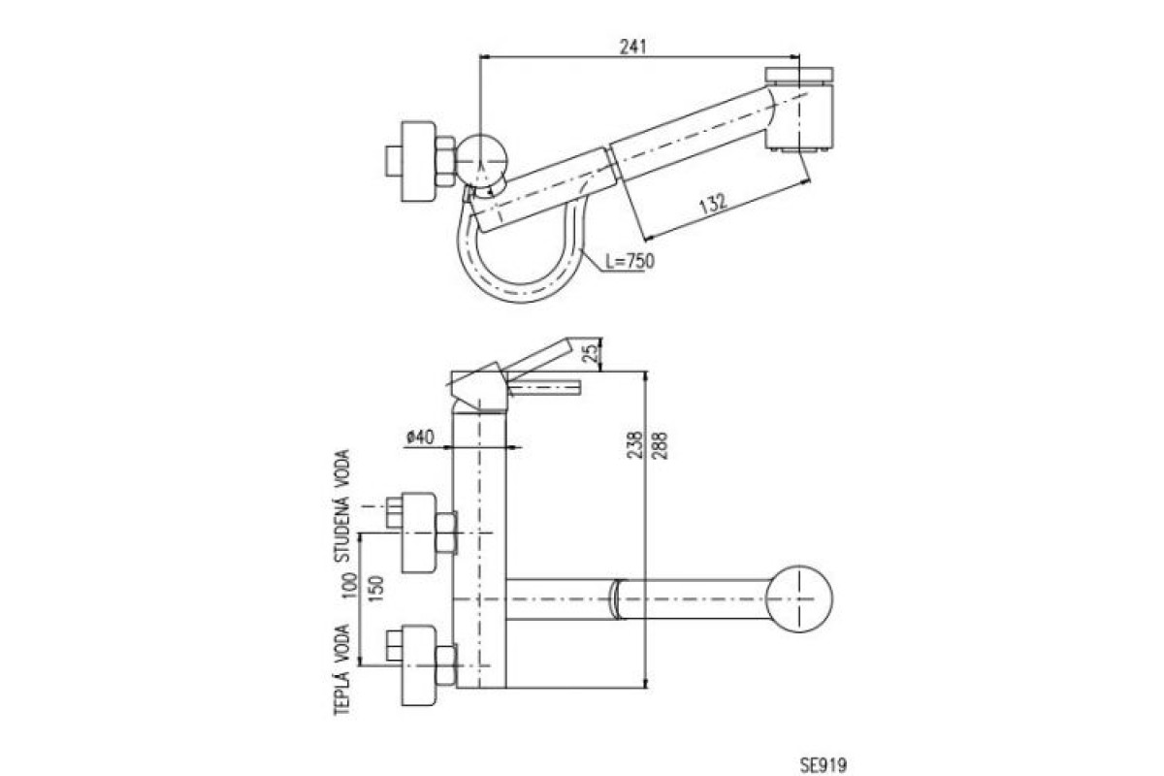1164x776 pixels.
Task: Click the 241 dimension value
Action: pos(632,47)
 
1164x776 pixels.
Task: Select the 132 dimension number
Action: pos(713,203)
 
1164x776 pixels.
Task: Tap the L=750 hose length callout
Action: pos(630,261)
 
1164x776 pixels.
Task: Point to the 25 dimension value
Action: pos(591,353)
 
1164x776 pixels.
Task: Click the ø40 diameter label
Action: pos(420,437)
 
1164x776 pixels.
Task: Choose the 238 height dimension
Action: pos(634,445)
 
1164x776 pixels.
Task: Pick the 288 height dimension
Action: pos(660,445)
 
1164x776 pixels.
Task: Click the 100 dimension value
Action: pos(351,585)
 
